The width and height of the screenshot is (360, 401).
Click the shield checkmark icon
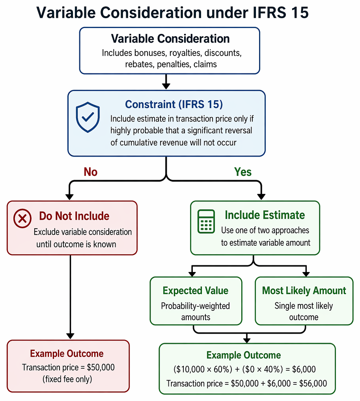coord(88,117)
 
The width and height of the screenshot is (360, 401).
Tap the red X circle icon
coord(22,218)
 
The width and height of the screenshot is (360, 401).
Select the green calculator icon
coord(206,222)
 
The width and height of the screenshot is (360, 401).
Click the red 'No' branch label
coord(91,172)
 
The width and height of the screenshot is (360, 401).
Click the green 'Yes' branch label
coord(243,172)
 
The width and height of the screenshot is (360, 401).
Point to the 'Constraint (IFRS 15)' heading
coord(174,104)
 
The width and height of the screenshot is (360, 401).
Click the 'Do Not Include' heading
coord(74,216)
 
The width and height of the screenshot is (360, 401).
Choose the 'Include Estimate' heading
coord(265,215)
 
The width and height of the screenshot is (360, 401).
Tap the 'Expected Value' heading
coord(196,291)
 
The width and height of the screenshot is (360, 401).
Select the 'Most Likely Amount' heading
coord(304,291)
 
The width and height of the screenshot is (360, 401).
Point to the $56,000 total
coord(313,383)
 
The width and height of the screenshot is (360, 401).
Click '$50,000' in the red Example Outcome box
coord(101,367)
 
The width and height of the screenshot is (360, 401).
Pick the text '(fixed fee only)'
coord(67,379)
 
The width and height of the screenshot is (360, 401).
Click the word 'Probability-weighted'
coord(195,306)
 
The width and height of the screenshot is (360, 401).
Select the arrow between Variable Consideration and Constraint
coord(166,82)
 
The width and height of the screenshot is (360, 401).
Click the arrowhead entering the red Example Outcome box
coord(70,336)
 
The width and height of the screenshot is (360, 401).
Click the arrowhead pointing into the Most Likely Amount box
coord(306,274)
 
